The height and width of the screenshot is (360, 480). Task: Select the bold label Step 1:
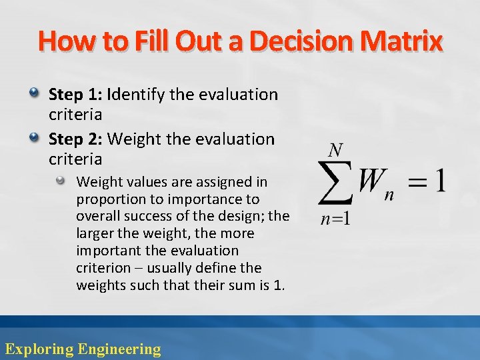point(75,95)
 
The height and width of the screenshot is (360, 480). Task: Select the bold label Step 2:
point(75,139)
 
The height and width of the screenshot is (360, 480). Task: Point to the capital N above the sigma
point(337,151)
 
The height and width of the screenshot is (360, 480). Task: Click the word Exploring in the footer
point(39,349)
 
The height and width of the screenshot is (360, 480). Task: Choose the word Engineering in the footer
point(119,349)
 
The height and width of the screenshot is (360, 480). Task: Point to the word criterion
point(103,268)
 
